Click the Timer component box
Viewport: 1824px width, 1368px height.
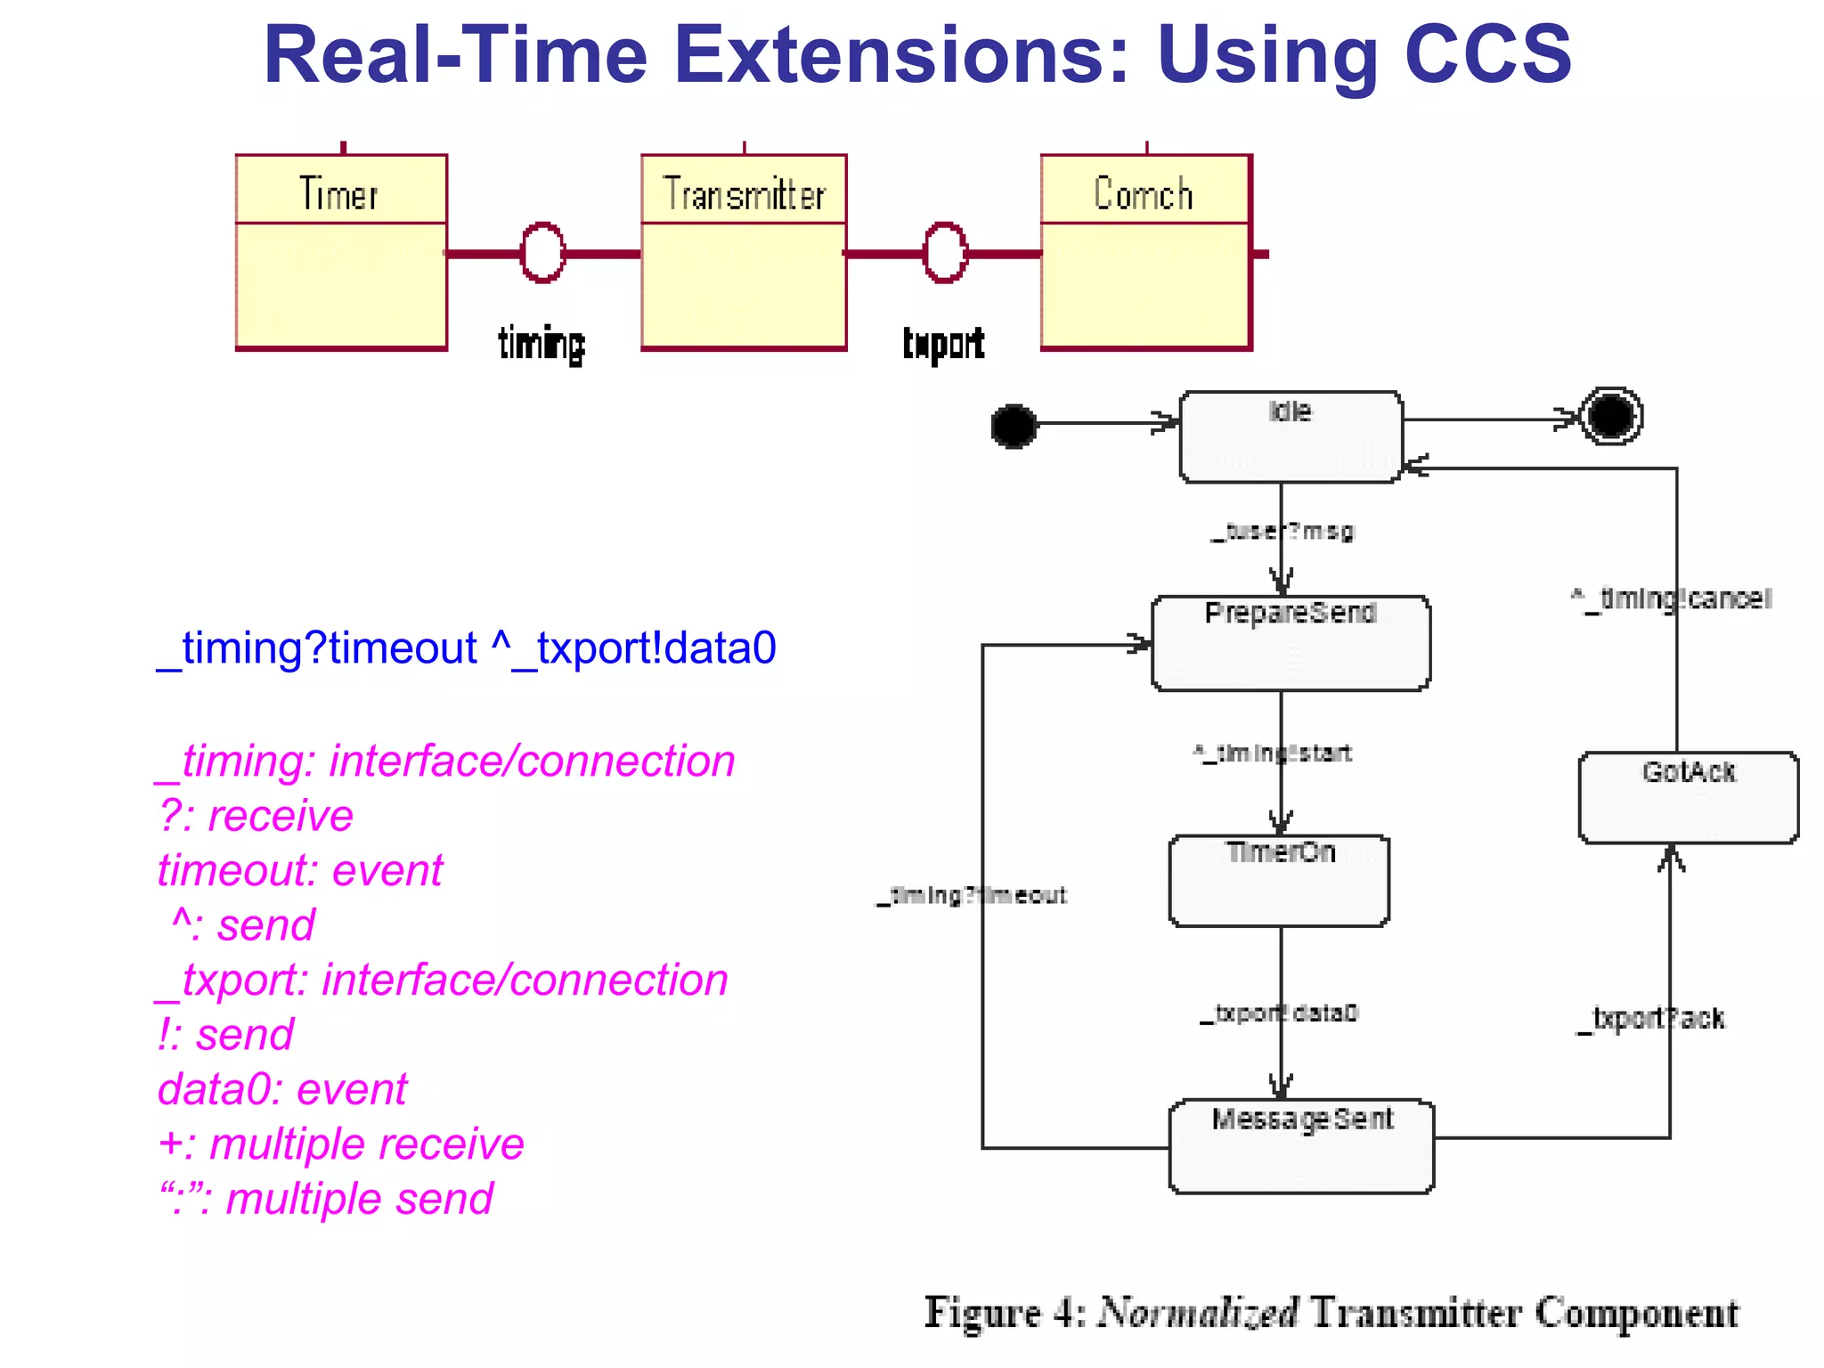click(341, 252)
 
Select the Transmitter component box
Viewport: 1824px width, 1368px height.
click(744, 252)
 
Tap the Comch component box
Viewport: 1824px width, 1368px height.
click(1146, 252)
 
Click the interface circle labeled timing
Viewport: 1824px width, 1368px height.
click(542, 253)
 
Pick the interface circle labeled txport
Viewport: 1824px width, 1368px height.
click(945, 253)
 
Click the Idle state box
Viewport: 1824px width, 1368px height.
click(1291, 437)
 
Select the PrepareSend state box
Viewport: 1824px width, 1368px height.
click(1291, 643)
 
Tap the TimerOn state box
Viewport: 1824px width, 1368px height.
click(1279, 881)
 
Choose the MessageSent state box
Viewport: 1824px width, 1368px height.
click(1301, 1146)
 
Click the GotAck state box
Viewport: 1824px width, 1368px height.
click(1688, 797)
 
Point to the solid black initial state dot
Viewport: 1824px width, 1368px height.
click(1014, 426)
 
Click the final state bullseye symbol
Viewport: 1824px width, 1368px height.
click(1611, 416)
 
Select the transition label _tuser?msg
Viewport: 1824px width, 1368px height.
click(1283, 532)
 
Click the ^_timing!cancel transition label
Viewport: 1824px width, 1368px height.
click(1672, 598)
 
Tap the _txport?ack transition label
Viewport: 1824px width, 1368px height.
click(1650, 1018)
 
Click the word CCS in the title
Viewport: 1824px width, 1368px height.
click(1487, 55)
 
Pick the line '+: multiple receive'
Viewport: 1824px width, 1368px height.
click(341, 1144)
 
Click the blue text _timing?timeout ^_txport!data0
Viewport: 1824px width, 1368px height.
click(466, 647)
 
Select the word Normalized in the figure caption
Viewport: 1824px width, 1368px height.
click(1197, 1313)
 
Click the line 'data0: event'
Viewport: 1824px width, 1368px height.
click(282, 1089)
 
